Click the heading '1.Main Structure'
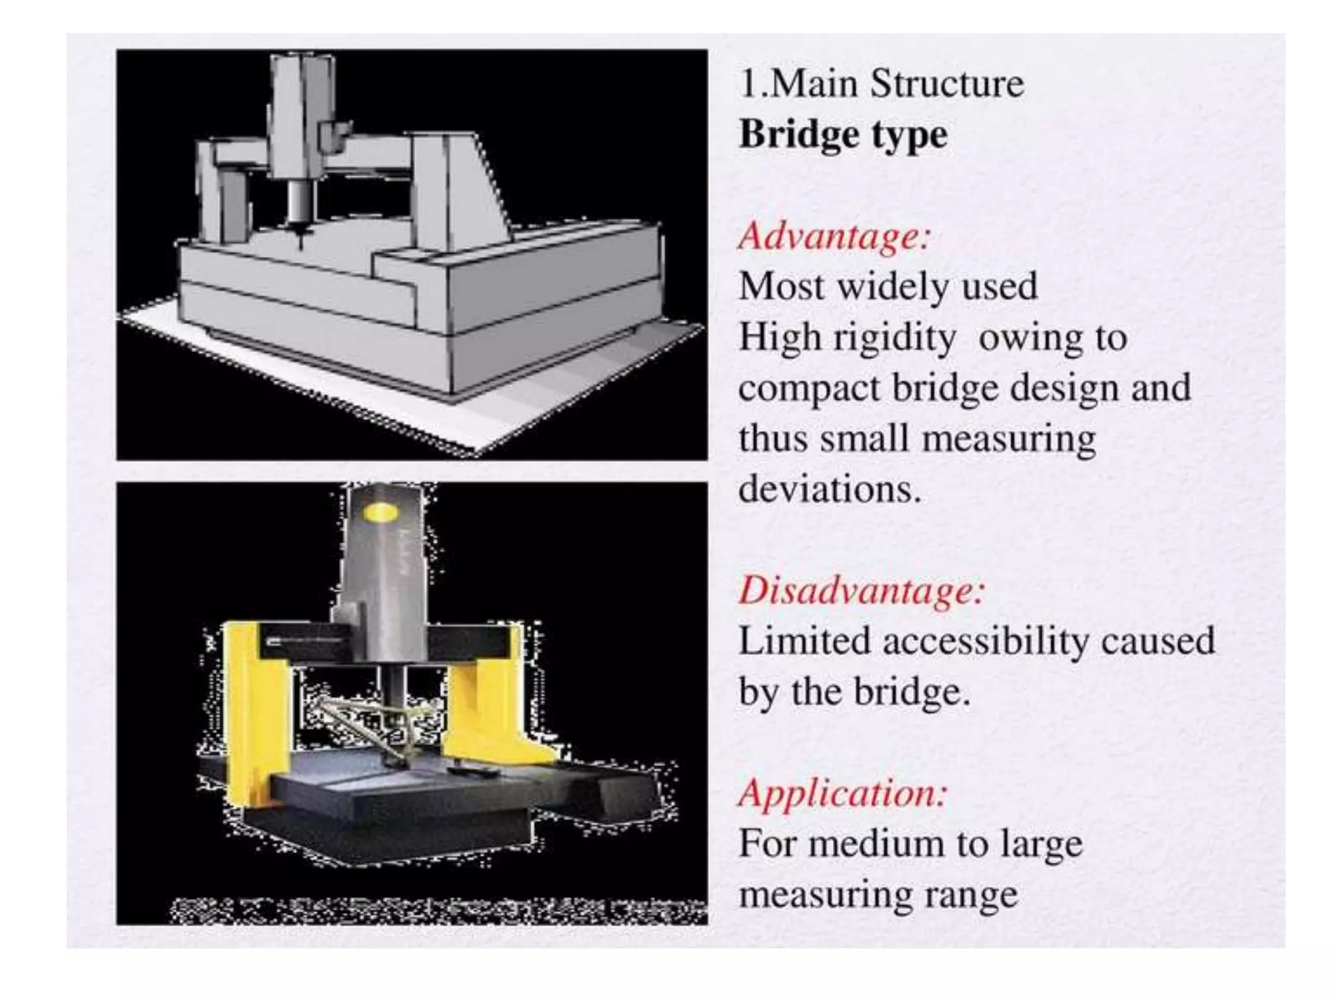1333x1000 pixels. point(881,84)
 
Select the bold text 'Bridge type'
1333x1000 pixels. point(844,135)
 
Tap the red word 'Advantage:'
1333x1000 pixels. point(835,235)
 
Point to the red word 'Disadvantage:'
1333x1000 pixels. point(862,590)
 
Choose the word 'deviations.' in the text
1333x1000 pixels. point(830,489)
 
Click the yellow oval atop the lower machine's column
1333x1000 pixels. point(381,514)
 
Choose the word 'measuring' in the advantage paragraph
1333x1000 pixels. point(1009,439)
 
